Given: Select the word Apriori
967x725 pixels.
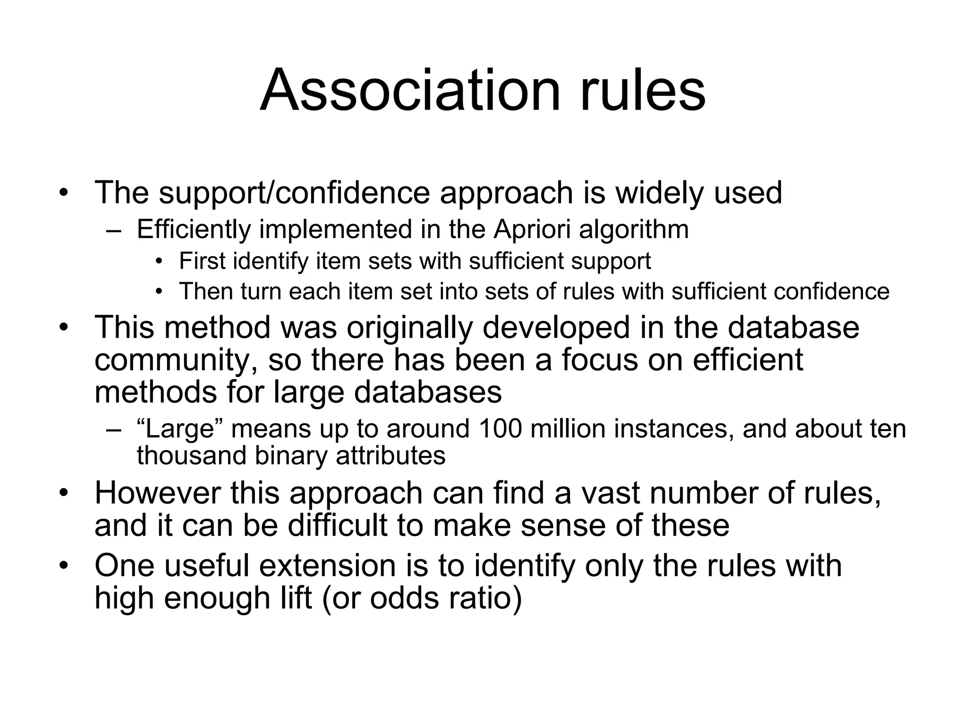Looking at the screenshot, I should [x=532, y=230].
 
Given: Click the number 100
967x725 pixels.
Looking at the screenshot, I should [x=500, y=429].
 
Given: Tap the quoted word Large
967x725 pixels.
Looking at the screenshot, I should [x=183, y=429].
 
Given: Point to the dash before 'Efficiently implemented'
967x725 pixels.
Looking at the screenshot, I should [x=114, y=231].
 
